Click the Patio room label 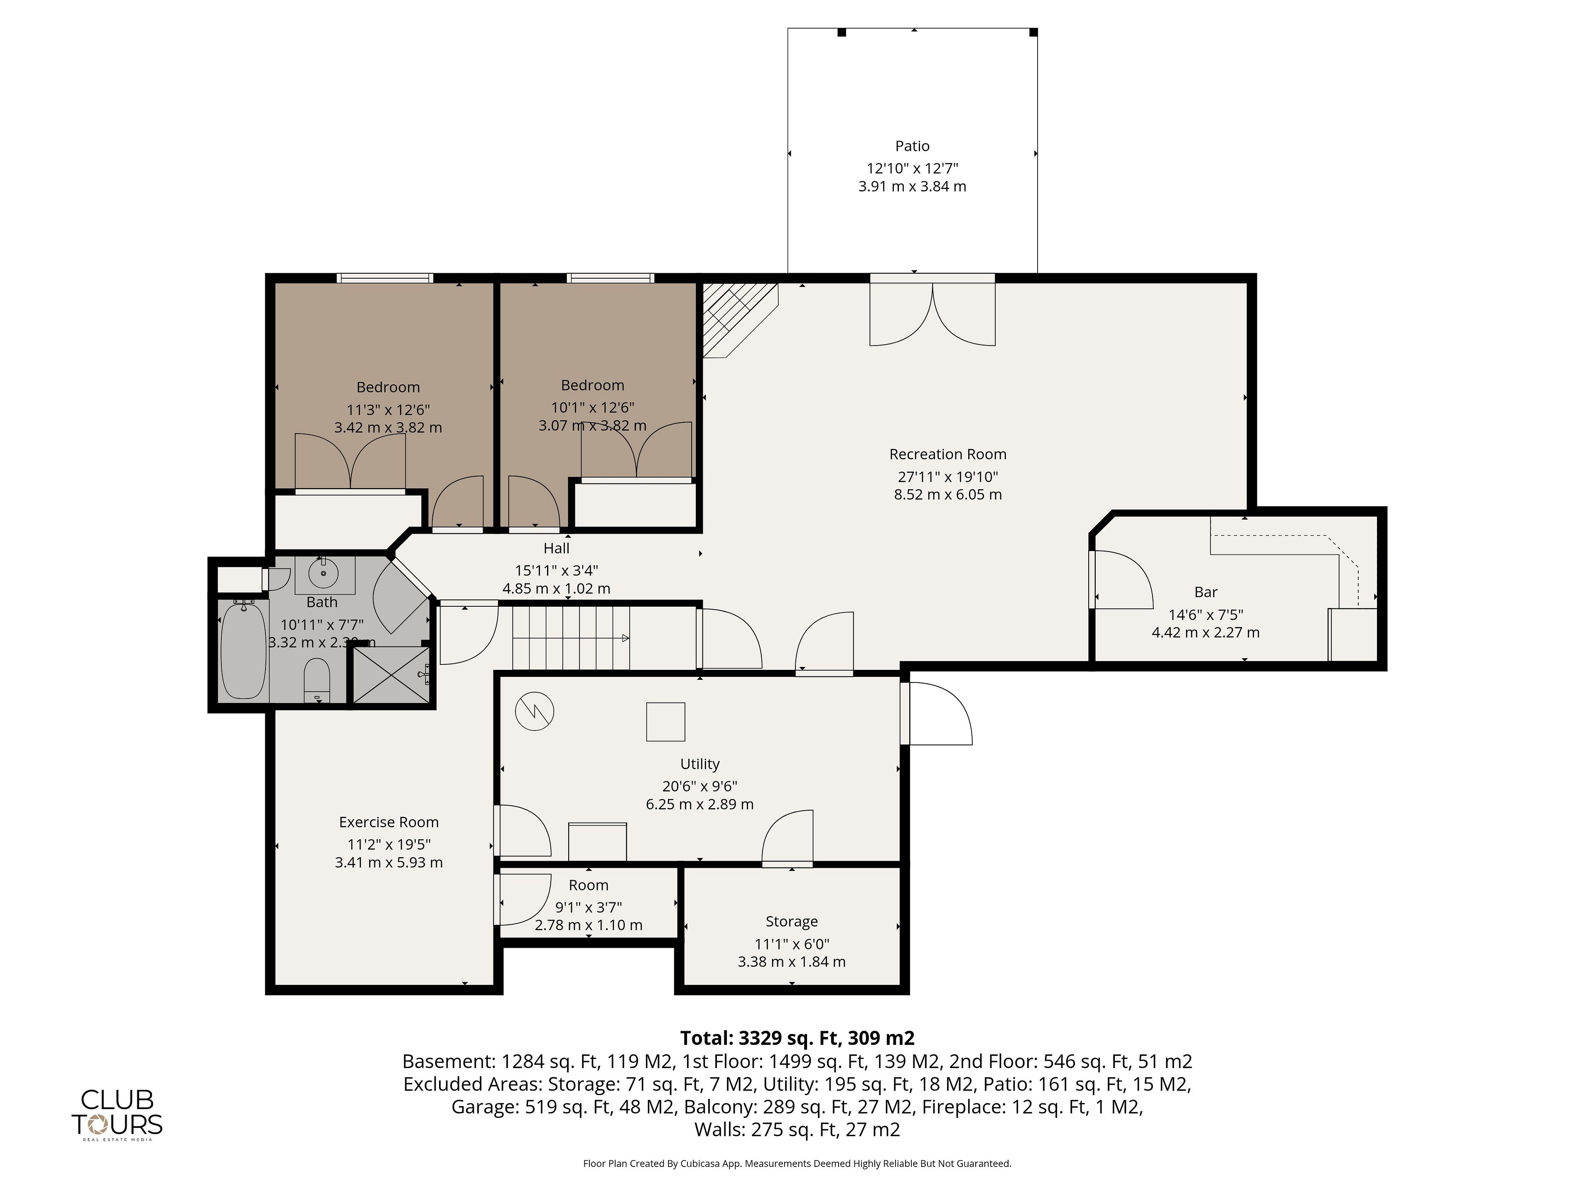coord(912,146)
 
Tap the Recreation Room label coord(947,454)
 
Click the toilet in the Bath coord(317,679)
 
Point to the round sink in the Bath coord(324,573)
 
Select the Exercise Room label coord(389,822)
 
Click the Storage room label coord(792,922)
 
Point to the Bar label coord(1206,592)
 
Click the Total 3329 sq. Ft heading coord(797,1038)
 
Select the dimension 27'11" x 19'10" coord(947,476)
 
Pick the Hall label coord(557,548)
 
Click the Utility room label coord(699,763)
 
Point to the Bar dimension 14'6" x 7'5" coord(1206,615)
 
